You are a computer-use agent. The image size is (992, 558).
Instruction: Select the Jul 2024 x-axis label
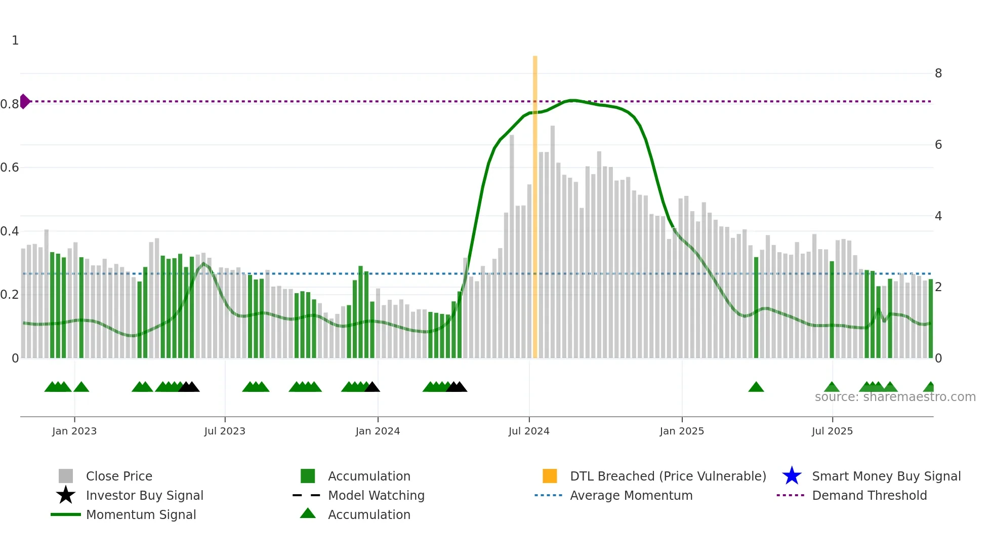click(x=529, y=431)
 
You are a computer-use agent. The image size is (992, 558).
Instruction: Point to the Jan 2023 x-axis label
click(x=74, y=431)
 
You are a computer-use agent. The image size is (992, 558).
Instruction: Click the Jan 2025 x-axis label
click(x=682, y=431)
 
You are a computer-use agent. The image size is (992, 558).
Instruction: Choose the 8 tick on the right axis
click(x=938, y=73)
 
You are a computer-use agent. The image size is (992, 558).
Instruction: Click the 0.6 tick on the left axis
click(x=10, y=168)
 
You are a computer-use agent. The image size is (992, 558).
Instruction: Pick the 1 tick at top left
click(x=15, y=41)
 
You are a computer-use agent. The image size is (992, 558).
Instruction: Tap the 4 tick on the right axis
click(x=938, y=216)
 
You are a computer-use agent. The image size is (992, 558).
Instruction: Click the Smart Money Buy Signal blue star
click(x=792, y=476)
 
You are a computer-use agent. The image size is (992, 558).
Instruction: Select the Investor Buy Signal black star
click(x=66, y=495)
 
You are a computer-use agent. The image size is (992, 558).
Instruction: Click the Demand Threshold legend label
click(x=870, y=495)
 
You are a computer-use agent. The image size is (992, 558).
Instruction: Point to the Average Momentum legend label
click(x=631, y=495)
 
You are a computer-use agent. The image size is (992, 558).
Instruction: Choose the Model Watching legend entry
click(x=376, y=495)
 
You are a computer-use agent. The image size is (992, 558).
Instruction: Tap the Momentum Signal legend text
click(x=141, y=514)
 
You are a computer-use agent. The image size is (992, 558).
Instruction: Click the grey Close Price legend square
click(x=66, y=476)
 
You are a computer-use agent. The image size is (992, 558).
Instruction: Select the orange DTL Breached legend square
click(x=550, y=476)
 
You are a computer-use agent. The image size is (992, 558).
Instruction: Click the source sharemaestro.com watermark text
click(x=895, y=397)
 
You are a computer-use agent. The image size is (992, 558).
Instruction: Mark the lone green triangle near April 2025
click(x=756, y=387)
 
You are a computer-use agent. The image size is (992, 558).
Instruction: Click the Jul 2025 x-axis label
click(x=832, y=431)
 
